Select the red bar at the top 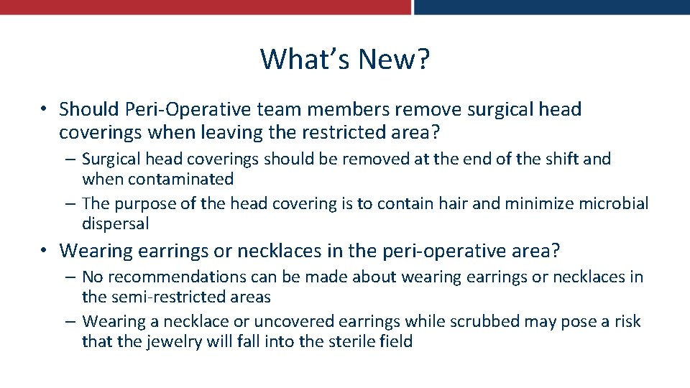click(x=205, y=6)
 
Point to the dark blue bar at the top click(x=552, y=6)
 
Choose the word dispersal click(x=116, y=223)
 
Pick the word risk click(x=625, y=321)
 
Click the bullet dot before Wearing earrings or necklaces click(x=45, y=251)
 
